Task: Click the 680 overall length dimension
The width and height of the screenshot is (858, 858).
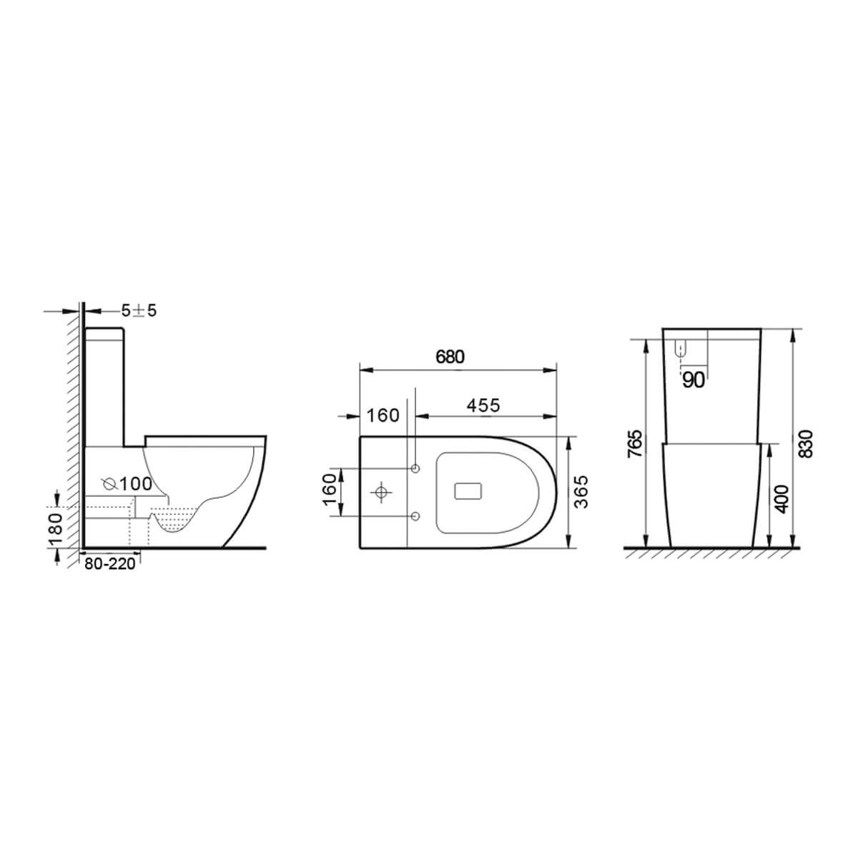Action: (x=450, y=357)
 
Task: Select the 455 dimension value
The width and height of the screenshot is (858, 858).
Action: (x=483, y=405)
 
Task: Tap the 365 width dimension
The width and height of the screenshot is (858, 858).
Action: (x=583, y=491)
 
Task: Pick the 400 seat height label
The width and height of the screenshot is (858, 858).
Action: (x=781, y=498)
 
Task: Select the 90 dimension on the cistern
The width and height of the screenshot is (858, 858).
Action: (x=693, y=380)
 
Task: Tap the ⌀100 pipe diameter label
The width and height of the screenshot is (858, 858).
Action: (x=127, y=483)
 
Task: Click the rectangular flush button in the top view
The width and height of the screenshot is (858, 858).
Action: (x=470, y=492)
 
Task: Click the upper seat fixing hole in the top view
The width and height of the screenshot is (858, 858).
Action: (x=415, y=468)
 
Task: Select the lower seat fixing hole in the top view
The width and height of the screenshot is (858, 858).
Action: (x=415, y=516)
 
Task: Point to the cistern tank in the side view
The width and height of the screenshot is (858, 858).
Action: (x=105, y=386)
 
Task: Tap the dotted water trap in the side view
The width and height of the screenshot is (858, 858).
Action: (x=174, y=520)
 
